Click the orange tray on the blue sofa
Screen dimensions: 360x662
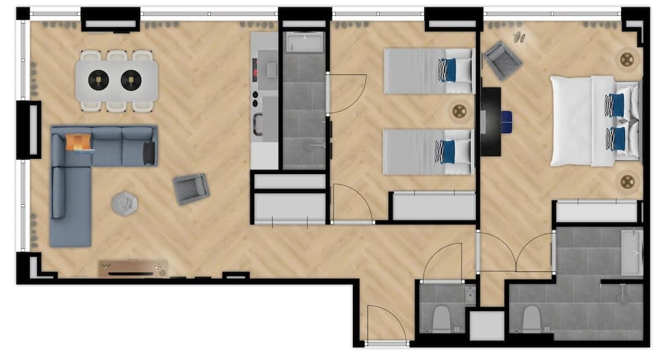click(x=77, y=142)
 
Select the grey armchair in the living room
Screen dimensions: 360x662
click(x=191, y=189)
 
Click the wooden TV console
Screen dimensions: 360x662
click(x=133, y=268)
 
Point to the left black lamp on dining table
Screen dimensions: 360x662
click(x=99, y=80)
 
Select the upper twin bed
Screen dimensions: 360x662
click(x=428, y=70)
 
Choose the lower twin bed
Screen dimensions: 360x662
click(x=428, y=152)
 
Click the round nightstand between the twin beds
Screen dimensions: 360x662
click(x=459, y=111)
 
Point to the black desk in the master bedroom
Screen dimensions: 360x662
click(x=491, y=121)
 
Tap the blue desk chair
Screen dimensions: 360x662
click(x=506, y=121)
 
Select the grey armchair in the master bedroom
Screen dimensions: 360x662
click(x=503, y=60)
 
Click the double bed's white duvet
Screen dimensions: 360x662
click(x=573, y=120)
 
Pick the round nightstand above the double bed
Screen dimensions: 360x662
click(x=626, y=60)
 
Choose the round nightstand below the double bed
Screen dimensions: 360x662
click(x=626, y=181)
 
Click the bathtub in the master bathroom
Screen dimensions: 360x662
click(x=632, y=252)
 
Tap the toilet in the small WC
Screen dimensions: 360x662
click(x=441, y=320)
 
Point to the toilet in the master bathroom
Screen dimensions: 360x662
click(x=532, y=319)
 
